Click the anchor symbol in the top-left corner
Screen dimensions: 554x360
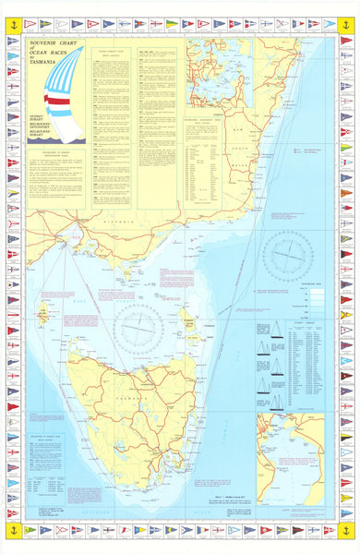(13, 14)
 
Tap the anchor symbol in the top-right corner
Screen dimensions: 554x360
(347, 14)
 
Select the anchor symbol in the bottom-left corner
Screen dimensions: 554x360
(13, 530)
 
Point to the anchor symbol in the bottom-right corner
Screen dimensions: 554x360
(347, 530)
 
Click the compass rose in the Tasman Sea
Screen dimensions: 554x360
(287, 251)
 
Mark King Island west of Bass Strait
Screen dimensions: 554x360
(44, 314)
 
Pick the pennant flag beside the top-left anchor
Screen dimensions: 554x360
(30, 22)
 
